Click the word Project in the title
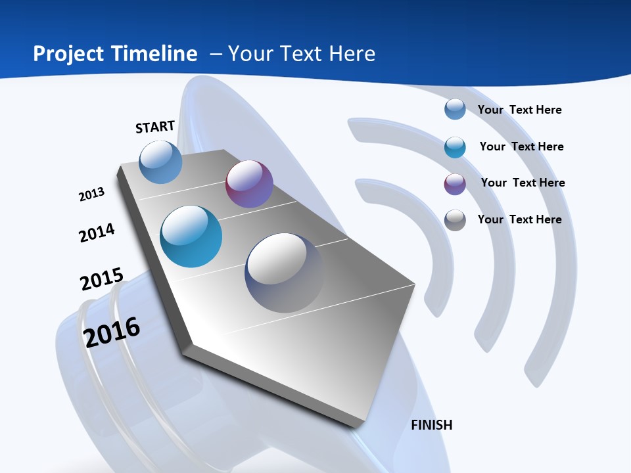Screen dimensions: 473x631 [x=70, y=54]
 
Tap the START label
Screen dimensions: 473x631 [x=155, y=127]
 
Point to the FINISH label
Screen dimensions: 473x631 [x=432, y=425]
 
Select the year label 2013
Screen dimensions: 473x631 [x=91, y=194]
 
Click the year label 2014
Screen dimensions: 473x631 [x=97, y=233]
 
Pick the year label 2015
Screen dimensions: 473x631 [x=102, y=279]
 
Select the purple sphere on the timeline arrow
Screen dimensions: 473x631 [x=249, y=184]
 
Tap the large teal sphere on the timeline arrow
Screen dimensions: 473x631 [x=191, y=236]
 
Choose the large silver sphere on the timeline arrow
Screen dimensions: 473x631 [x=284, y=273]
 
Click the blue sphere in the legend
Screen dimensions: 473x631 [x=455, y=109]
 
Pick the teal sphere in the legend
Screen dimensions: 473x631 [x=455, y=146]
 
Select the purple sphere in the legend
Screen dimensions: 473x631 [x=455, y=184]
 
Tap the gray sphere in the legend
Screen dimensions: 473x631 [x=455, y=220]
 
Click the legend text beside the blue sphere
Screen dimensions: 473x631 [x=519, y=110]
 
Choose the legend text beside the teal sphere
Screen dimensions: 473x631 [x=521, y=146]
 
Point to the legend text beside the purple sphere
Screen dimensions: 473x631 [x=523, y=183]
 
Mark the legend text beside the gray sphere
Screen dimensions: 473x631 [x=519, y=219]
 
